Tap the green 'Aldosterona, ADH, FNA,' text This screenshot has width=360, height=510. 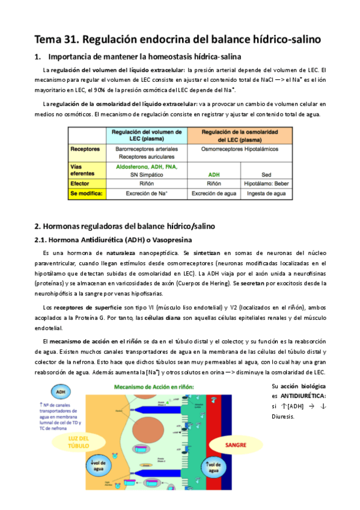[147, 167]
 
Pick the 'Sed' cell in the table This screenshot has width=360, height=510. [267, 175]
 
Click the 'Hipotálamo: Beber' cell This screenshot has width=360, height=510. [267, 184]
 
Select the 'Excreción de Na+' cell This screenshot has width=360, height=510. [147, 194]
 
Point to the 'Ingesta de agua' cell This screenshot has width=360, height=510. [267, 194]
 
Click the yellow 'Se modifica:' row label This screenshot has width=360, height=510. [87, 194]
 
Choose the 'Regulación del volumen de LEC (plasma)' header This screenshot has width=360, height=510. [147, 134]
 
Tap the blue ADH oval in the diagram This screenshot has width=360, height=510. [61, 392]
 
